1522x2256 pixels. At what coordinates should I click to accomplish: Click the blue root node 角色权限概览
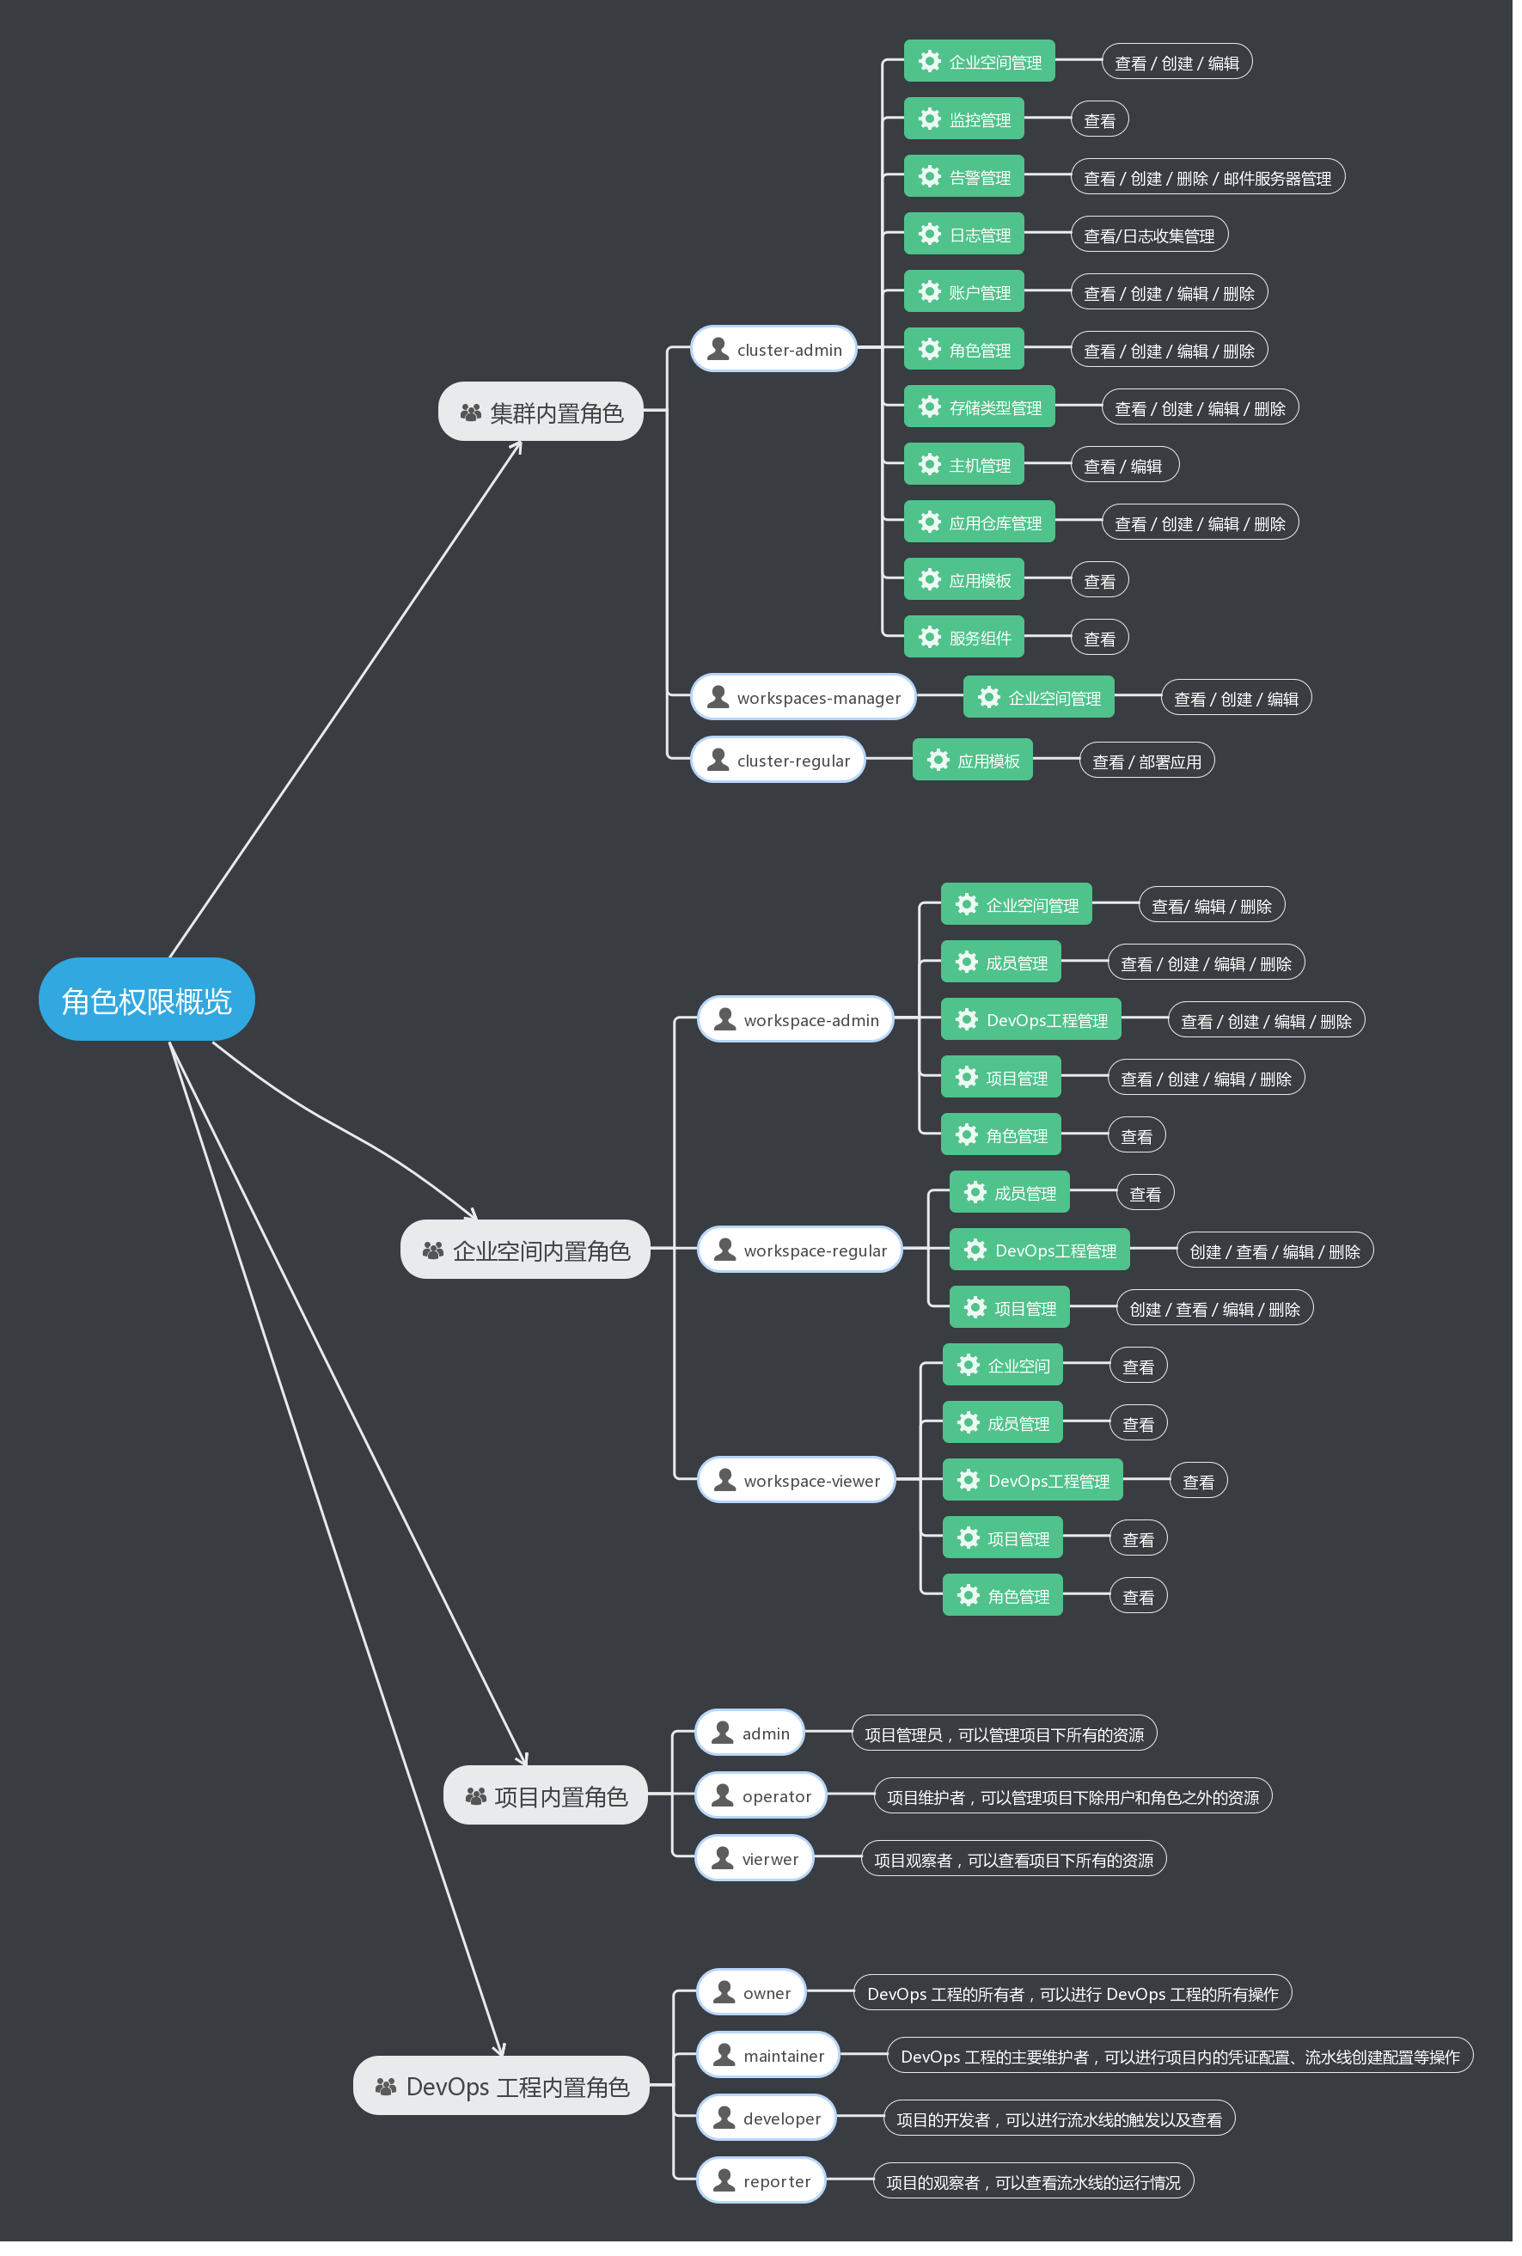coord(147,999)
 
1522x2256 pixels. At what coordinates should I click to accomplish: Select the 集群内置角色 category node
coord(541,412)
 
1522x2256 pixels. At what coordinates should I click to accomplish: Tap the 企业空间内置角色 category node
coord(525,1250)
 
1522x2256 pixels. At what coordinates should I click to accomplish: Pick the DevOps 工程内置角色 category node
coord(501,2085)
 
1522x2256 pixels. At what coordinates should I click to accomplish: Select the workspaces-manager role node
coord(803,697)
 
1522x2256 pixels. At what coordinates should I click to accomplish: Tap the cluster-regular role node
coord(778,760)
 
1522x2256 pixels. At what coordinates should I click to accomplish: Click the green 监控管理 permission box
coord(964,119)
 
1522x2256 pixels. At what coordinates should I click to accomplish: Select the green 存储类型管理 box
coord(980,407)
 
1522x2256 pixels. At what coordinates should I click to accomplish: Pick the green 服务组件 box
coord(964,637)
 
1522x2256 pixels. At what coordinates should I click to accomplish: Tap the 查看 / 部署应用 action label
coord(1146,761)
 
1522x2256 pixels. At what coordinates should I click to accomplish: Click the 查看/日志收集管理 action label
coord(1149,235)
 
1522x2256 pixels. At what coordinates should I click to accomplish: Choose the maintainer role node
coord(767,2054)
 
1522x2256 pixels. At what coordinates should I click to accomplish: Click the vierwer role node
coord(755,1858)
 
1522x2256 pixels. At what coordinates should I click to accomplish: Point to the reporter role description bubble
coord(1034,2181)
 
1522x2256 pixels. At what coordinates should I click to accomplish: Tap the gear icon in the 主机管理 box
coord(930,464)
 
